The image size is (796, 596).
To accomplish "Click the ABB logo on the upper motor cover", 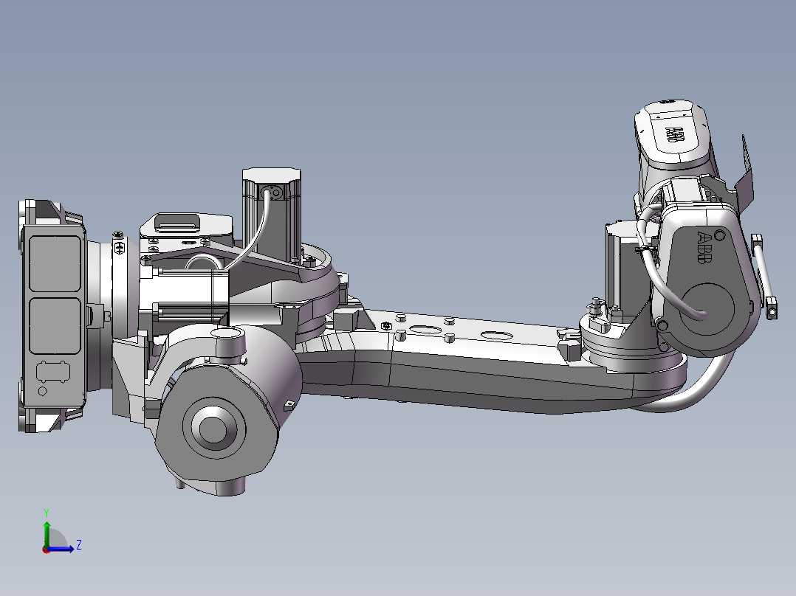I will pos(675,135).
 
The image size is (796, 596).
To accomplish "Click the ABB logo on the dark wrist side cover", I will pos(704,248).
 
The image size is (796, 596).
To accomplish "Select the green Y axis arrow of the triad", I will pos(46,528).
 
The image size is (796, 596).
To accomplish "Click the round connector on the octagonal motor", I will pos(274,193).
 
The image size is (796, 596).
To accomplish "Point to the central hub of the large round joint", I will pos(213,429).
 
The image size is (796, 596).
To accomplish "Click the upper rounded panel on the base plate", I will pos(53,263).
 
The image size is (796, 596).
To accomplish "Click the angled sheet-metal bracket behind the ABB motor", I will pos(745,170).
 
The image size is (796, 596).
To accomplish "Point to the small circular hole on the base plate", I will pos(42,391).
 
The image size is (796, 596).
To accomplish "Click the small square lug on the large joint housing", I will pos(289,405).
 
